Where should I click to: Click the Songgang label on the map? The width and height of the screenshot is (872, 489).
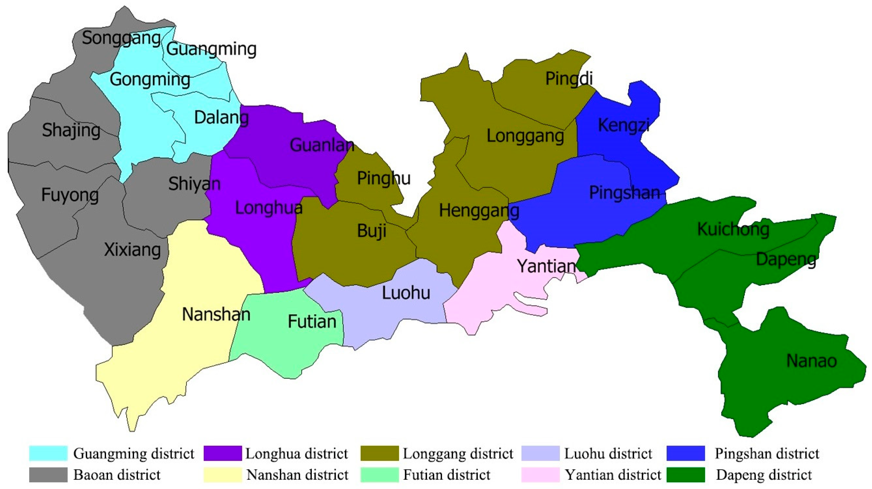121,38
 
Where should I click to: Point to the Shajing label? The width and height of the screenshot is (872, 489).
71,130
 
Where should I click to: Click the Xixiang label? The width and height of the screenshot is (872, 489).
132,250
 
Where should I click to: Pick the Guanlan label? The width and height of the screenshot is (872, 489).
322,145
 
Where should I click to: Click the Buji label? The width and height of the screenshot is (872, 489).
372,231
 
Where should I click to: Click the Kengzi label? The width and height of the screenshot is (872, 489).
623,125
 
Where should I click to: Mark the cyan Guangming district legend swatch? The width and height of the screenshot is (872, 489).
48,453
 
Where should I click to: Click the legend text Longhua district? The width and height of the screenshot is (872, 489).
296,453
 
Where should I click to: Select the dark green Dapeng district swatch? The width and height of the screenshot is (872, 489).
685,474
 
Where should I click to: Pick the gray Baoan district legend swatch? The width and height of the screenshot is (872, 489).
48,474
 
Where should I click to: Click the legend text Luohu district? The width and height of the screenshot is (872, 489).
608,453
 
